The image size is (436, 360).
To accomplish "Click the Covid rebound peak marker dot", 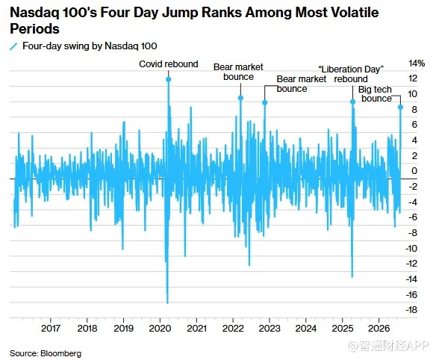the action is (169, 79).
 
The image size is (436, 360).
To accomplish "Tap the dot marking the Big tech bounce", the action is (400, 107).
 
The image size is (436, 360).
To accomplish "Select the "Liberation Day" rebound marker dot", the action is (353, 102).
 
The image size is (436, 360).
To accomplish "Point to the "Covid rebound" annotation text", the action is (169, 64).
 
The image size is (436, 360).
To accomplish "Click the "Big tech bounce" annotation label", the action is (376, 94).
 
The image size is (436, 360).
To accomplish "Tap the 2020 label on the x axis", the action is (160, 329).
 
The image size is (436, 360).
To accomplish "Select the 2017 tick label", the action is (51, 329).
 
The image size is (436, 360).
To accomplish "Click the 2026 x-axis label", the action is (379, 329).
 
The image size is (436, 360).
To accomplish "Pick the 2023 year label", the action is (270, 329).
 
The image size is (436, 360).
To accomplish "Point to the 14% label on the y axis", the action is (417, 63).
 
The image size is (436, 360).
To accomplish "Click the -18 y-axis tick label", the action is (411, 310).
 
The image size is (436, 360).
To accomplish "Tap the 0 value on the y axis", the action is (414, 170).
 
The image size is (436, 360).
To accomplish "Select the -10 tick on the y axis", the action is (411, 248).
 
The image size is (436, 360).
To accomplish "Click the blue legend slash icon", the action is (13, 46).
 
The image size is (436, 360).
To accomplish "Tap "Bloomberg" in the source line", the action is (61, 353).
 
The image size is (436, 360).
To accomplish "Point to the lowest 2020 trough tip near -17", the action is (167, 303).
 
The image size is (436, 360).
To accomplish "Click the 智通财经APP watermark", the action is (388, 346).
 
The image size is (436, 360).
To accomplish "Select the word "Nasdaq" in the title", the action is (34, 13).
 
